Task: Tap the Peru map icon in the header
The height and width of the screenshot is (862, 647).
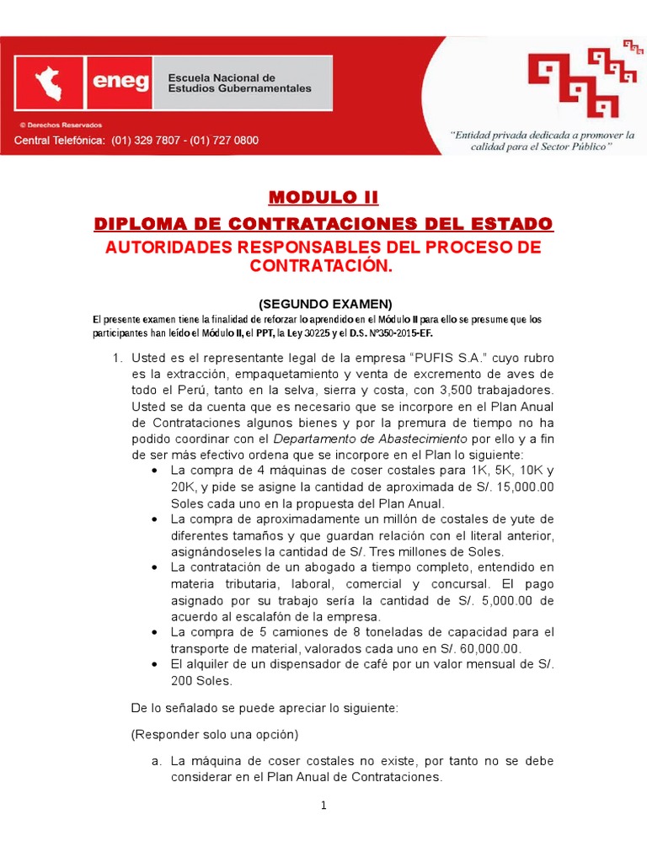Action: coord(53,82)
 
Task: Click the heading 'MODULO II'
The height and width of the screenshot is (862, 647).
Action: coord(323,198)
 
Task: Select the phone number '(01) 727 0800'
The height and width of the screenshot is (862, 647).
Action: coord(222,141)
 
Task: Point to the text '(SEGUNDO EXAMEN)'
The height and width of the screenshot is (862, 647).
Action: coord(323,304)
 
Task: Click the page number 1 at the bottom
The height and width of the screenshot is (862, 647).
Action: coord(323,806)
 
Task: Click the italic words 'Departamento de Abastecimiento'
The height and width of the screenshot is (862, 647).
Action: coord(371,439)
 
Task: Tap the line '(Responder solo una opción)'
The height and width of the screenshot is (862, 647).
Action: coord(214,733)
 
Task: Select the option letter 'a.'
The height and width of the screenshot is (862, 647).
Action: coord(157,761)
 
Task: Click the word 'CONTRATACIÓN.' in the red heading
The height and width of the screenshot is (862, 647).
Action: coord(323,266)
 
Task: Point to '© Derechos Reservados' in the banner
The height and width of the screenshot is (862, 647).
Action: coord(54,124)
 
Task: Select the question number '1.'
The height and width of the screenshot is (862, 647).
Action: coord(119,359)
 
